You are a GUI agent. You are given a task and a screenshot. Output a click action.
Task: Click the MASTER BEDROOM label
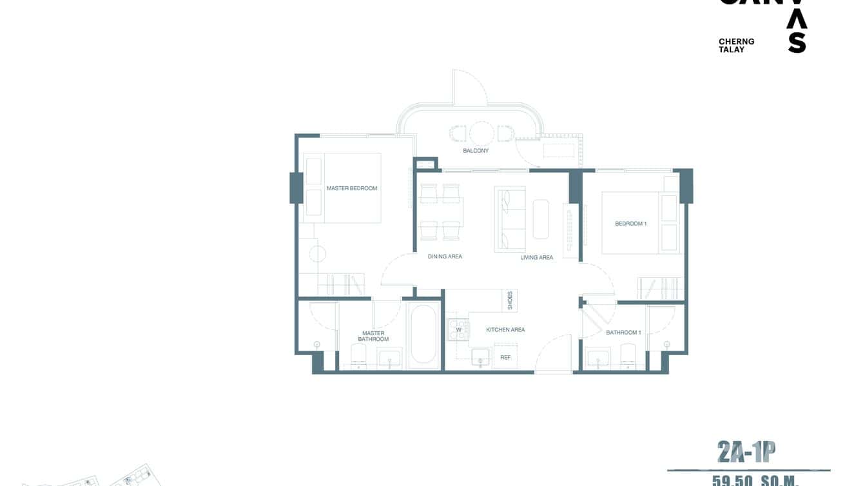(351, 188)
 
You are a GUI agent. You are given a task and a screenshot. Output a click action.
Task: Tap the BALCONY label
(476, 151)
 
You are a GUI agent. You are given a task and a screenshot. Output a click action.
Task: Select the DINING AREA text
(445, 257)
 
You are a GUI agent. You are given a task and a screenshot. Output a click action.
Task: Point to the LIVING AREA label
(536, 258)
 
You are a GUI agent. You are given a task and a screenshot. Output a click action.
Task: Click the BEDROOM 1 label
(630, 224)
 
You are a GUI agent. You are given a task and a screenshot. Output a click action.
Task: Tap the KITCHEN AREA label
(505, 330)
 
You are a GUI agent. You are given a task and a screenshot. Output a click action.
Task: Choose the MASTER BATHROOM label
(373, 336)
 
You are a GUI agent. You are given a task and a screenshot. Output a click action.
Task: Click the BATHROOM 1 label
(623, 333)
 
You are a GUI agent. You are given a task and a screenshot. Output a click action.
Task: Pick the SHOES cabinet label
(510, 300)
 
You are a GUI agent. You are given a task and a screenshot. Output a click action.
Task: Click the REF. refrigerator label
(505, 357)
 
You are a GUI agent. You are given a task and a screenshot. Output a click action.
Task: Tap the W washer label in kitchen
(459, 330)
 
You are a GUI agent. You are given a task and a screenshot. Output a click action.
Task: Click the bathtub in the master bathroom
(423, 334)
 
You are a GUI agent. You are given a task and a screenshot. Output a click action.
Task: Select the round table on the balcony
(481, 133)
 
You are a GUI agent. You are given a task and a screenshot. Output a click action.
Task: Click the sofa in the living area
(509, 219)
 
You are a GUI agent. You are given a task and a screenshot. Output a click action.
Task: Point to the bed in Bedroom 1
(632, 222)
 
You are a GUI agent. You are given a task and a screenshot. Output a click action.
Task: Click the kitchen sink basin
(480, 357)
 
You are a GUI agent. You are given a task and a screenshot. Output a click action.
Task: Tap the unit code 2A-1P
(746, 452)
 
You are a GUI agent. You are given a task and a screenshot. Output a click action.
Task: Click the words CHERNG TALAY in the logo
(736, 45)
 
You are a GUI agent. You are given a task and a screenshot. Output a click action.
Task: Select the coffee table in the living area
(541, 219)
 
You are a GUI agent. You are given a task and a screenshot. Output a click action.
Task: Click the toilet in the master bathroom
(358, 355)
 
